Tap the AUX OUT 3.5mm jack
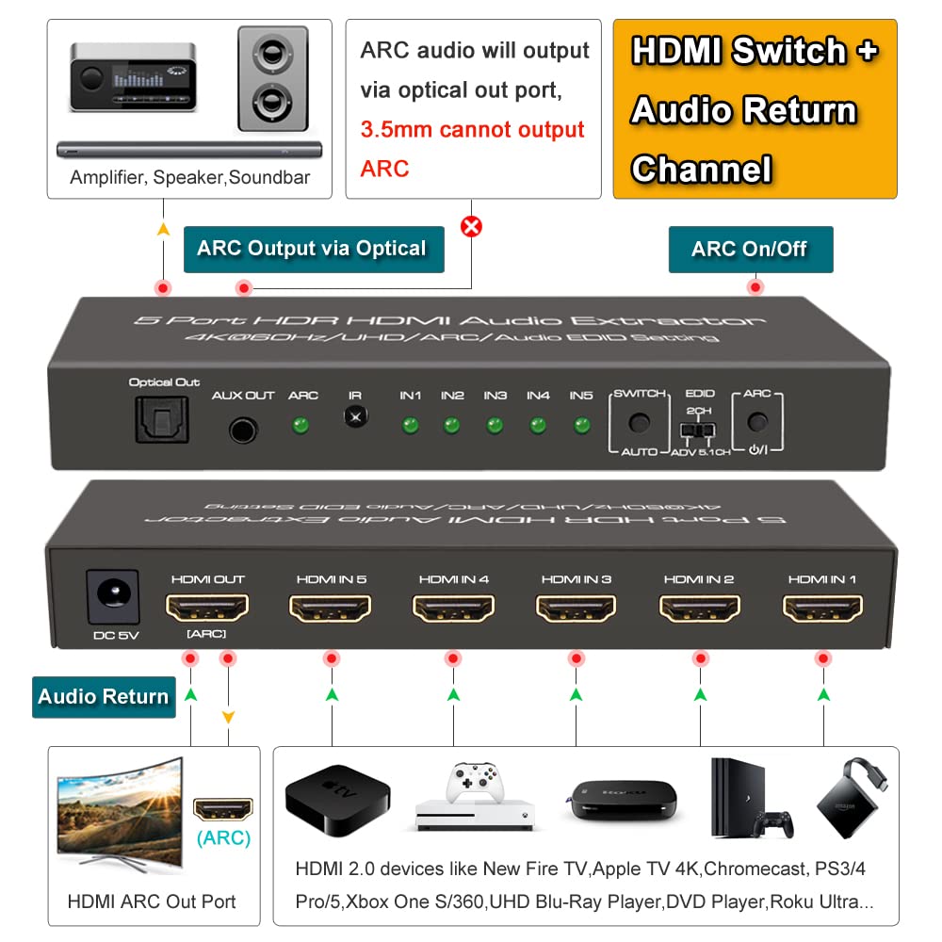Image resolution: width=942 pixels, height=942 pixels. [x=242, y=430]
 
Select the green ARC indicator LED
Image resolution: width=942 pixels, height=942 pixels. [x=301, y=425]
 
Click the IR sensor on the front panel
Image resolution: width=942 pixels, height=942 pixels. [x=355, y=415]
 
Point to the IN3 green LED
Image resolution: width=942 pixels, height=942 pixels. [x=495, y=425]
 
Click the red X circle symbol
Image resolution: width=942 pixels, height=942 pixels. [x=470, y=226]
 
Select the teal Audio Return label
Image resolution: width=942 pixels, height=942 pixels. [x=104, y=697]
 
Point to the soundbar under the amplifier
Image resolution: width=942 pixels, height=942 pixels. [x=189, y=149]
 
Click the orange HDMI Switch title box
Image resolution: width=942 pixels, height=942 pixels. [x=755, y=109]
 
